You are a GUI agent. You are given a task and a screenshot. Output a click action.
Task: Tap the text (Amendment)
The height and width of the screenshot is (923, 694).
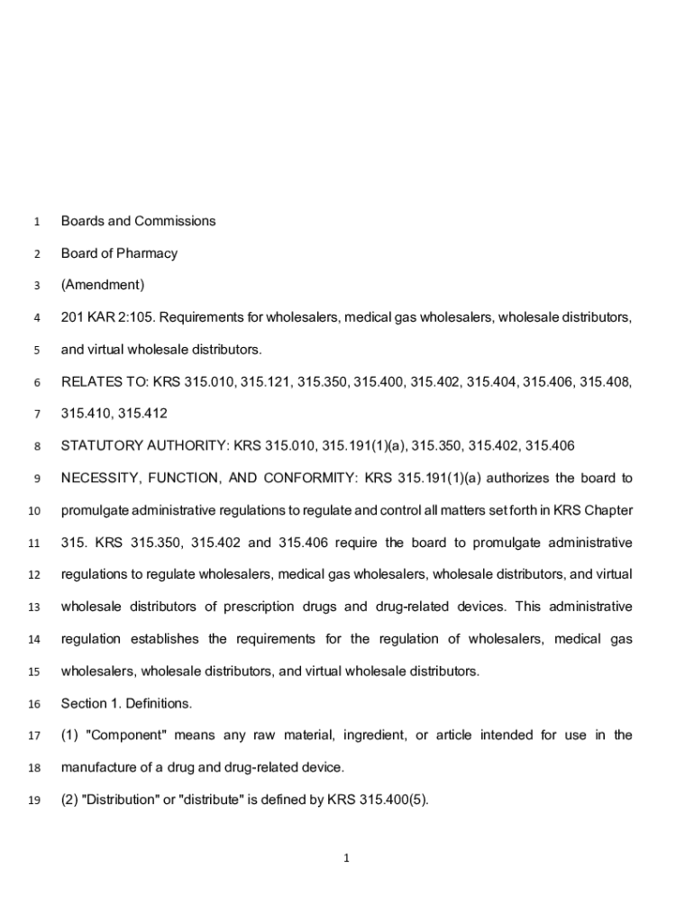tap(102, 285)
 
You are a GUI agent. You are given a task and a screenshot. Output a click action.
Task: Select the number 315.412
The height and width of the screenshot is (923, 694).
tap(142, 414)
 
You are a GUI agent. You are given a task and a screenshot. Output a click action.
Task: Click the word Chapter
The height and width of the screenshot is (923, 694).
tap(607, 510)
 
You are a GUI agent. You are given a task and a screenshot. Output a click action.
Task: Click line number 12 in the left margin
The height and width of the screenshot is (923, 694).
tap(35, 575)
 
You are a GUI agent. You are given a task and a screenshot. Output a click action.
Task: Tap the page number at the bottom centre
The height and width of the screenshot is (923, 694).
tap(346, 858)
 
